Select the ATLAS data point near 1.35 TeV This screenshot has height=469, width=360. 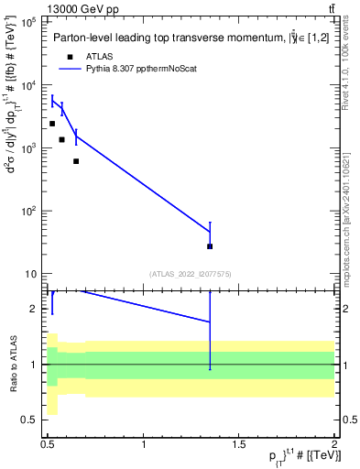pyautogui.click(x=210, y=246)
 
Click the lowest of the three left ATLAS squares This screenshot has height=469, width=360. pyautogui.click(x=76, y=161)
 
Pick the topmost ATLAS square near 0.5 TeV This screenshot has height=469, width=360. pyautogui.click(x=52, y=124)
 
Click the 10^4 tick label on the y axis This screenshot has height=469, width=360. pyautogui.click(x=27, y=85)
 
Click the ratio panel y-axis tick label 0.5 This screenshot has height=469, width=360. pyautogui.click(x=31, y=420)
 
